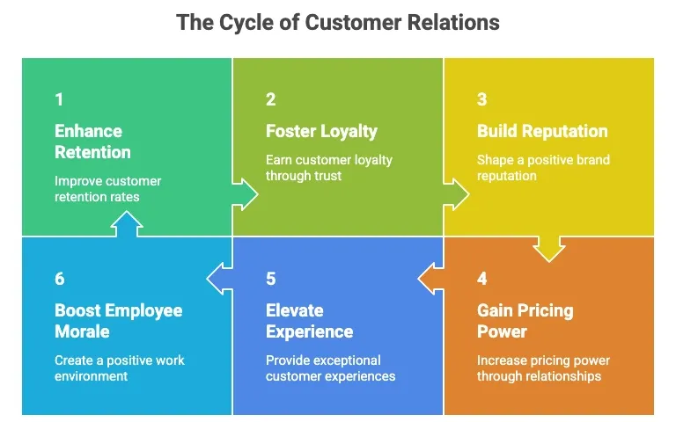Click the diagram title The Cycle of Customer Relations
tap(338, 22)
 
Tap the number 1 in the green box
tap(58, 99)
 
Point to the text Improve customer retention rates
tap(107, 189)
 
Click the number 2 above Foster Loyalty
tap(270, 99)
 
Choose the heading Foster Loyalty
tap(321, 131)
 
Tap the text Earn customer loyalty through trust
tap(328, 167)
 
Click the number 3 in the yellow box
tap(481, 99)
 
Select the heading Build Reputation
tap(542, 131)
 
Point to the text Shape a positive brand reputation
tap(543, 167)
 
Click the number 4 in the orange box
tap(481, 279)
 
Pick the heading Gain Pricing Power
tap(525, 321)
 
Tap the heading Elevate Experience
tap(309, 321)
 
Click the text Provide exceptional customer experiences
tap(330, 368)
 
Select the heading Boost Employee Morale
tap(118, 321)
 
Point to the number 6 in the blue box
tap(59, 279)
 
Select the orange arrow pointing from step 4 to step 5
tap(430, 280)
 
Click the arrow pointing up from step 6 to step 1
tap(127, 226)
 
